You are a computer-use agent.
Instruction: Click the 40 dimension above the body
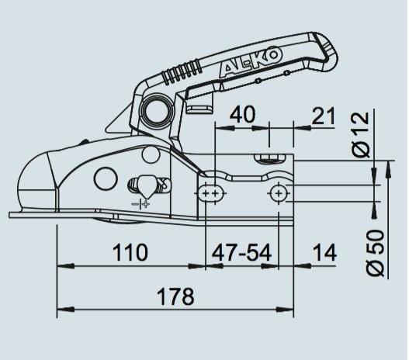pyautogui.click(x=243, y=115)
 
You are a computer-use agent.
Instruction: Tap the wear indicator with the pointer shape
pyautogui.click(x=144, y=185)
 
